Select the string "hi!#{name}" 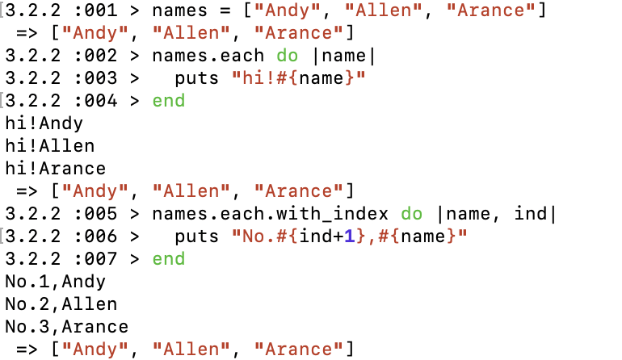pos(299,78)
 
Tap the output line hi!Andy pos(44,123)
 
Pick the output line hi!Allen pos(49,146)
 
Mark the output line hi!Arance pos(55,169)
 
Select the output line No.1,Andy pos(55,282)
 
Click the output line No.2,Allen pos(61,304)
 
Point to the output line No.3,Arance pos(66,327)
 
